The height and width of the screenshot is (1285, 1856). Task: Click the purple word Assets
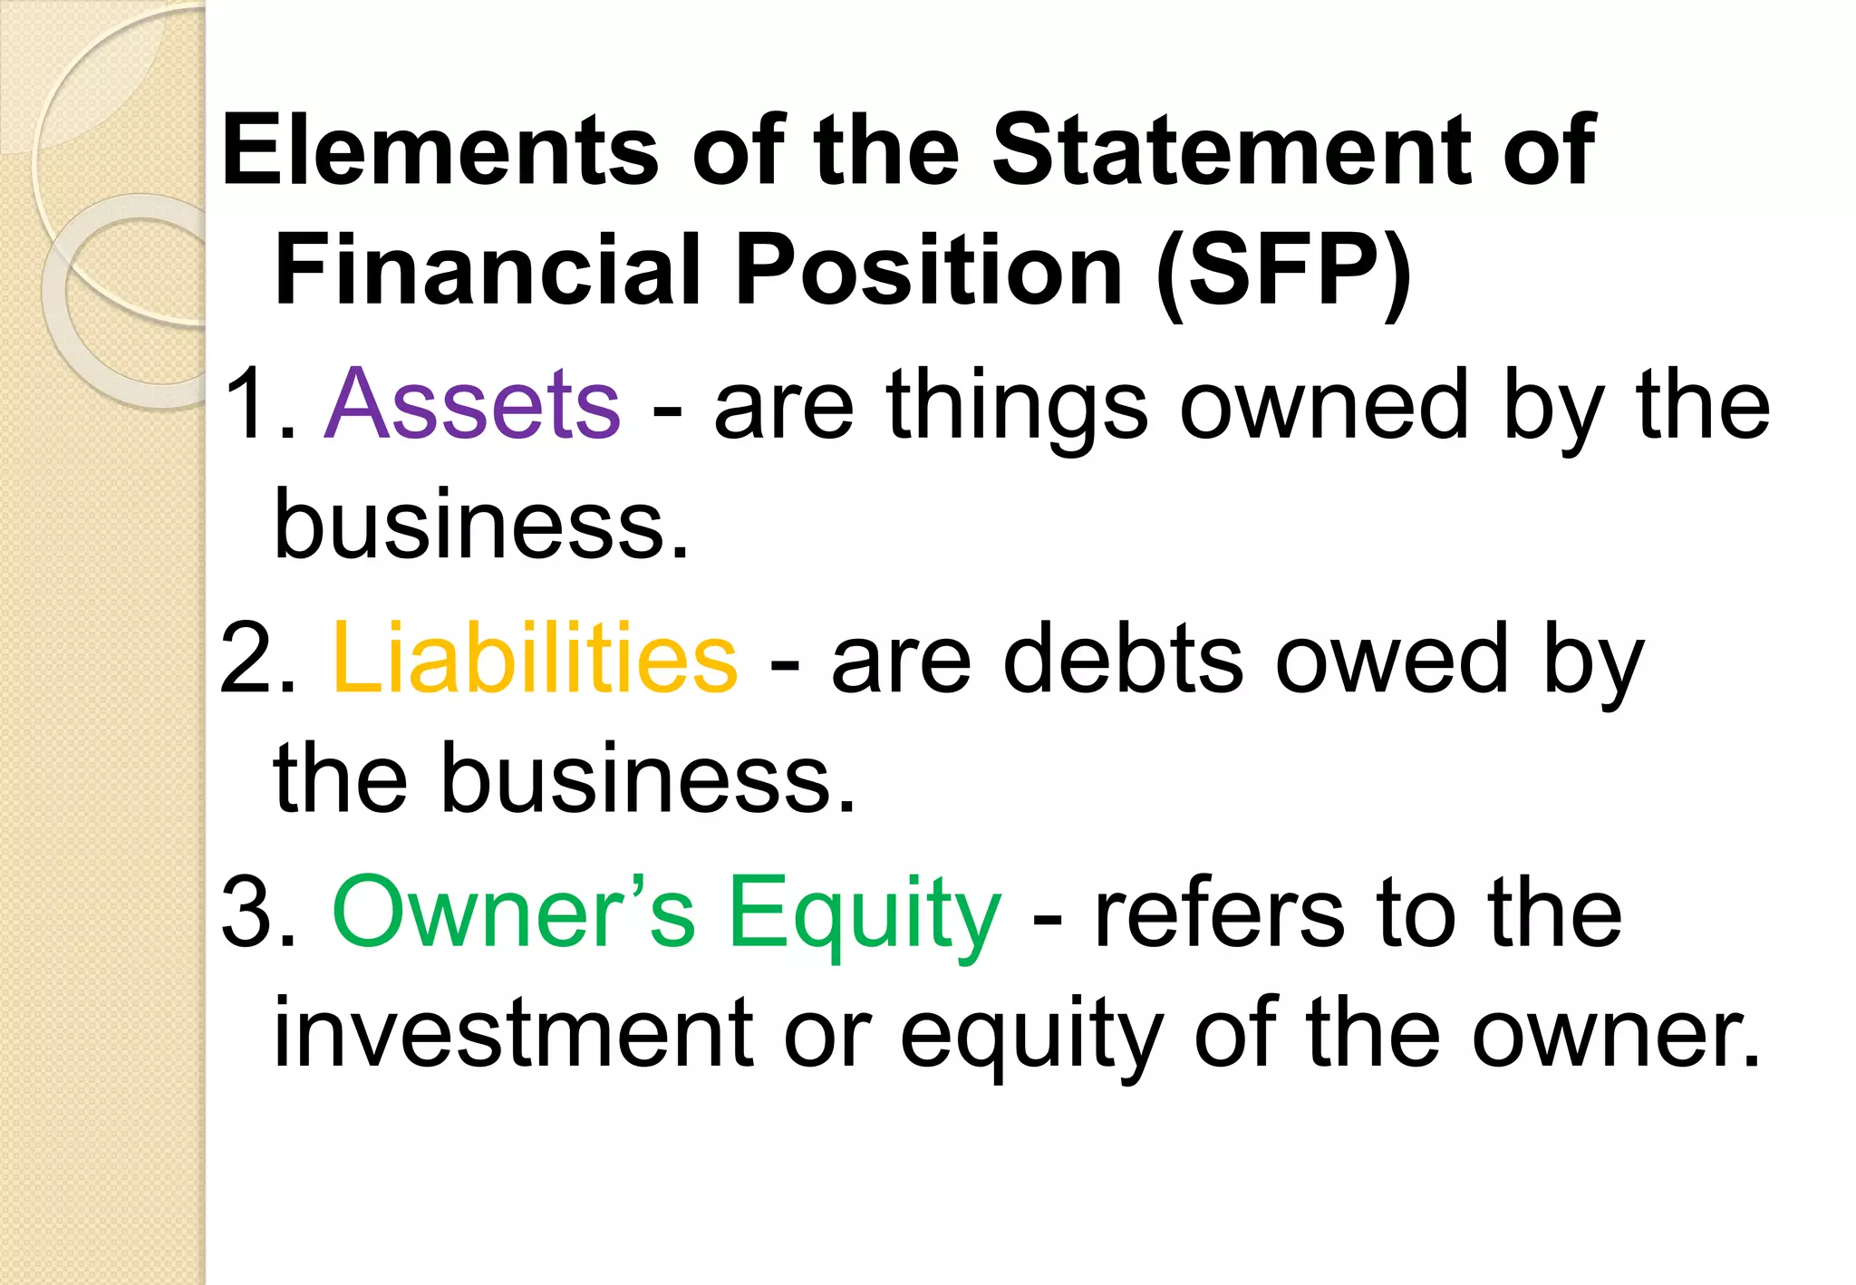472,404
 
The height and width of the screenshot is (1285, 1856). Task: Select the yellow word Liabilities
535,659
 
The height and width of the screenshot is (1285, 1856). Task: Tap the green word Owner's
514,913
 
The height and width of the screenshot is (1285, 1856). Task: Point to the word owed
1392,659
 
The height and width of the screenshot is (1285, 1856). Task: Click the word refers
1219,913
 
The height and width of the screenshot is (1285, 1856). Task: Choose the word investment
513,1033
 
